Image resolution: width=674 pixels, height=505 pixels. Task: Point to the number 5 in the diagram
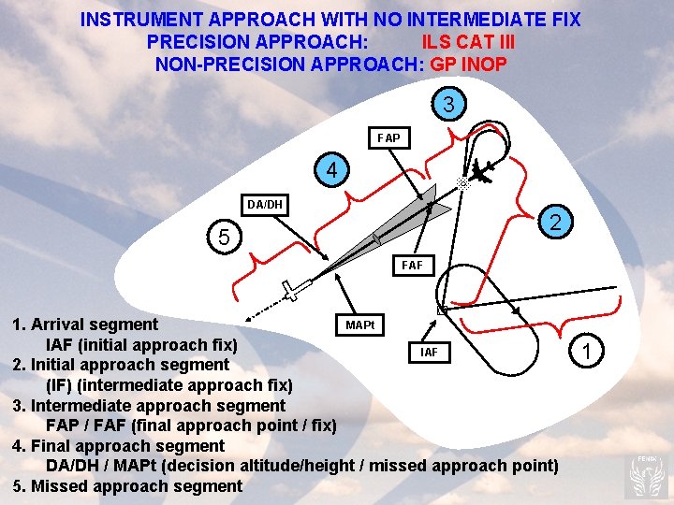point(223,238)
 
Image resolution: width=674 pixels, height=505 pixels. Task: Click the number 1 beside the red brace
point(586,352)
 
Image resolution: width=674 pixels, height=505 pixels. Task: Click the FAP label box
point(388,138)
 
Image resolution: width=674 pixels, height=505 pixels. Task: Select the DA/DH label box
point(265,204)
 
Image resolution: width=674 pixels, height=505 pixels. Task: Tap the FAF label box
point(412,266)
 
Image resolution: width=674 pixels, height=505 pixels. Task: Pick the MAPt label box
point(359,325)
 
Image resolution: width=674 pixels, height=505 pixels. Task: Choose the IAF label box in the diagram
point(428,353)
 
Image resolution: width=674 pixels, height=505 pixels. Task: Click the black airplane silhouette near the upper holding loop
point(481,173)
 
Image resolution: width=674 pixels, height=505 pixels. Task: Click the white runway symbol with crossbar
point(294,291)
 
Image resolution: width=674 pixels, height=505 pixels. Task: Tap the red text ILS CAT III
point(468,42)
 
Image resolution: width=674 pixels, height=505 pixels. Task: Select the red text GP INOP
point(468,65)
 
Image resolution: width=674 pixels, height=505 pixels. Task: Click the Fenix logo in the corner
point(648,474)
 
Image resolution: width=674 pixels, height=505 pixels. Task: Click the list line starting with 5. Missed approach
point(127,485)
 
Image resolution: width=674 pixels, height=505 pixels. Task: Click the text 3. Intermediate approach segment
point(149,405)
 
